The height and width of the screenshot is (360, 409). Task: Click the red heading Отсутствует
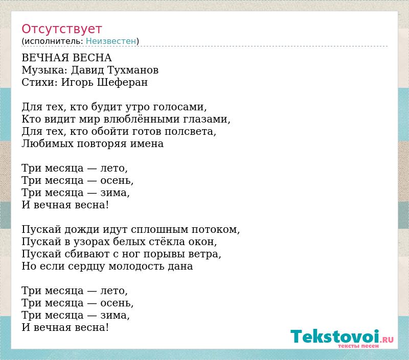pos(61,29)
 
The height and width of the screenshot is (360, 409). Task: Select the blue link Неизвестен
pos(111,41)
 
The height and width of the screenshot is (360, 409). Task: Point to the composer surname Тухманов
pos(133,70)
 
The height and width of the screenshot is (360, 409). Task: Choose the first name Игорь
pos(77,82)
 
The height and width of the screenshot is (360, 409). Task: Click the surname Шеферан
pos(122,82)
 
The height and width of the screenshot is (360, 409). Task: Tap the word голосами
pos(180,107)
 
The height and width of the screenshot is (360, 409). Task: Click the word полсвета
pos(190,131)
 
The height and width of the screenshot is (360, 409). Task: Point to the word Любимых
pos(48,143)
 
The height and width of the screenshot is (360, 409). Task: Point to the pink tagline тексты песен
pos(358,346)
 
